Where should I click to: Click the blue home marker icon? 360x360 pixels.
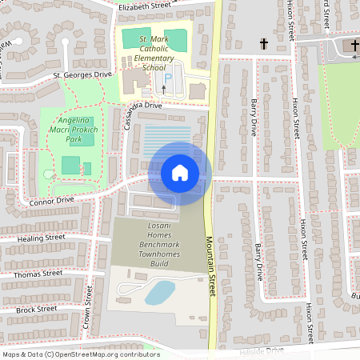click(180, 172)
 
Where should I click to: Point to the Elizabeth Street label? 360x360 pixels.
click(145, 6)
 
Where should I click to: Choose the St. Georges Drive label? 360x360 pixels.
click(82, 74)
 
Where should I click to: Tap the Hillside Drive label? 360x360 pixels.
click(261, 350)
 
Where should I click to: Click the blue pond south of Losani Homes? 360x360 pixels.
click(159, 292)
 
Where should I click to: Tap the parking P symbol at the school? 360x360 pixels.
click(168, 76)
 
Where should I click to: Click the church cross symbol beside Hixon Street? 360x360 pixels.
click(264, 45)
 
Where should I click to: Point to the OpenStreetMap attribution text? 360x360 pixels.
click(81, 354)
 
